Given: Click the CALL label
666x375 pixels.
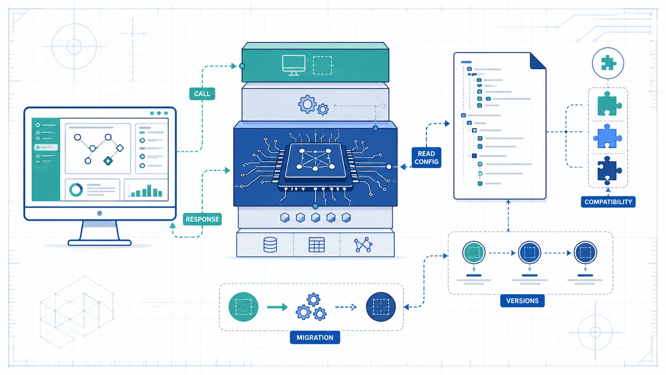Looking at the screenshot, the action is [x=202, y=94].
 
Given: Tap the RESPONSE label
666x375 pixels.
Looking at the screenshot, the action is [x=202, y=219].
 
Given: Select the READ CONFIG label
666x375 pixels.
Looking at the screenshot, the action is [x=426, y=158].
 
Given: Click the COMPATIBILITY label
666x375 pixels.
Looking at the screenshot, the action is [x=608, y=202].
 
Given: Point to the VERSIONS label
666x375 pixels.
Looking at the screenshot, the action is [x=522, y=300].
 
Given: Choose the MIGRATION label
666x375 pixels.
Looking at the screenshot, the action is [x=315, y=338].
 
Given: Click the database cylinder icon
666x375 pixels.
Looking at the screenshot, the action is [x=270, y=245].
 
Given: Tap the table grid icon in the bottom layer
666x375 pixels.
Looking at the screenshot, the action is [x=317, y=245].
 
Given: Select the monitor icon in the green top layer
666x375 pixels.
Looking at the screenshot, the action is [x=294, y=65].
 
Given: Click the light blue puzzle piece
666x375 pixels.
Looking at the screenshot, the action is [x=607, y=137].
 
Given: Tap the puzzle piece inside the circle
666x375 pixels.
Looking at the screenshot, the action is [x=608, y=63].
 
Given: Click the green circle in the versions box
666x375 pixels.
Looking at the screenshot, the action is [x=474, y=253].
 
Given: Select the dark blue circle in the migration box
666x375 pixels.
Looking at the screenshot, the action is [x=381, y=307].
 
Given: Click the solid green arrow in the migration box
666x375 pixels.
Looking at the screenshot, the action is [x=277, y=307].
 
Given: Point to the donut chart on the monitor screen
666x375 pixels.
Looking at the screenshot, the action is [x=76, y=189].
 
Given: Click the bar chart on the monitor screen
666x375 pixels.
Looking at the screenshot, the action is [x=146, y=190].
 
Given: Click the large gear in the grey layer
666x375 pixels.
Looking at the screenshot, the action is [x=307, y=104].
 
